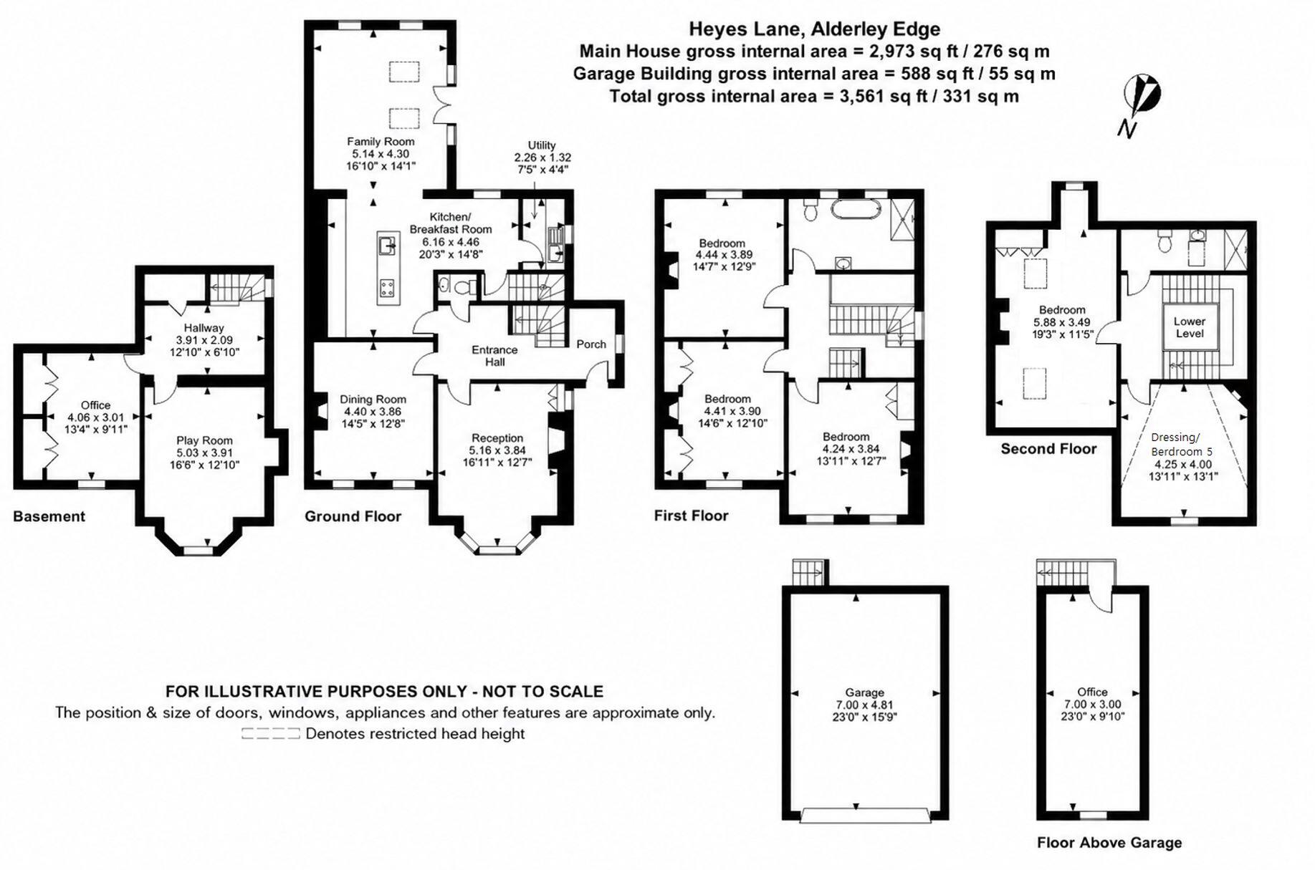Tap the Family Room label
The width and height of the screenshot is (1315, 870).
click(x=381, y=142)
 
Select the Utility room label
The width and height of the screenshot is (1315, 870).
click(x=542, y=145)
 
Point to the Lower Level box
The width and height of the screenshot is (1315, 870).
click(x=1190, y=327)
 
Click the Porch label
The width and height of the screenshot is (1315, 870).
click(x=591, y=344)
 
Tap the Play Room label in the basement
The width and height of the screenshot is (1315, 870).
click(x=204, y=441)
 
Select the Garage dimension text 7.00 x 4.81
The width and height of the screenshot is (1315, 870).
click(x=864, y=705)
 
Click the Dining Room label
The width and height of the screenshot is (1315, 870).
click(x=373, y=400)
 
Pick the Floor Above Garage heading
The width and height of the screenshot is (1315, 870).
click(x=1109, y=843)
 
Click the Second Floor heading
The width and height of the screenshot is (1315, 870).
click(x=1048, y=449)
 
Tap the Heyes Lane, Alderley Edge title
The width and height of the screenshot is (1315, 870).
click(x=815, y=29)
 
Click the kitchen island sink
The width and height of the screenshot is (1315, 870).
click(x=388, y=245)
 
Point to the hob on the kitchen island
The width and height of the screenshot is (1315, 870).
click(x=388, y=288)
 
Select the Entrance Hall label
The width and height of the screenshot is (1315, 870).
click(x=494, y=356)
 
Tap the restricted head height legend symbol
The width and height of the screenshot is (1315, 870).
click(x=270, y=733)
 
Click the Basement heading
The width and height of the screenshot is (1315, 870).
click(x=49, y=516)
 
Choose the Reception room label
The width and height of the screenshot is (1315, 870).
click(x=497, y=438)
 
